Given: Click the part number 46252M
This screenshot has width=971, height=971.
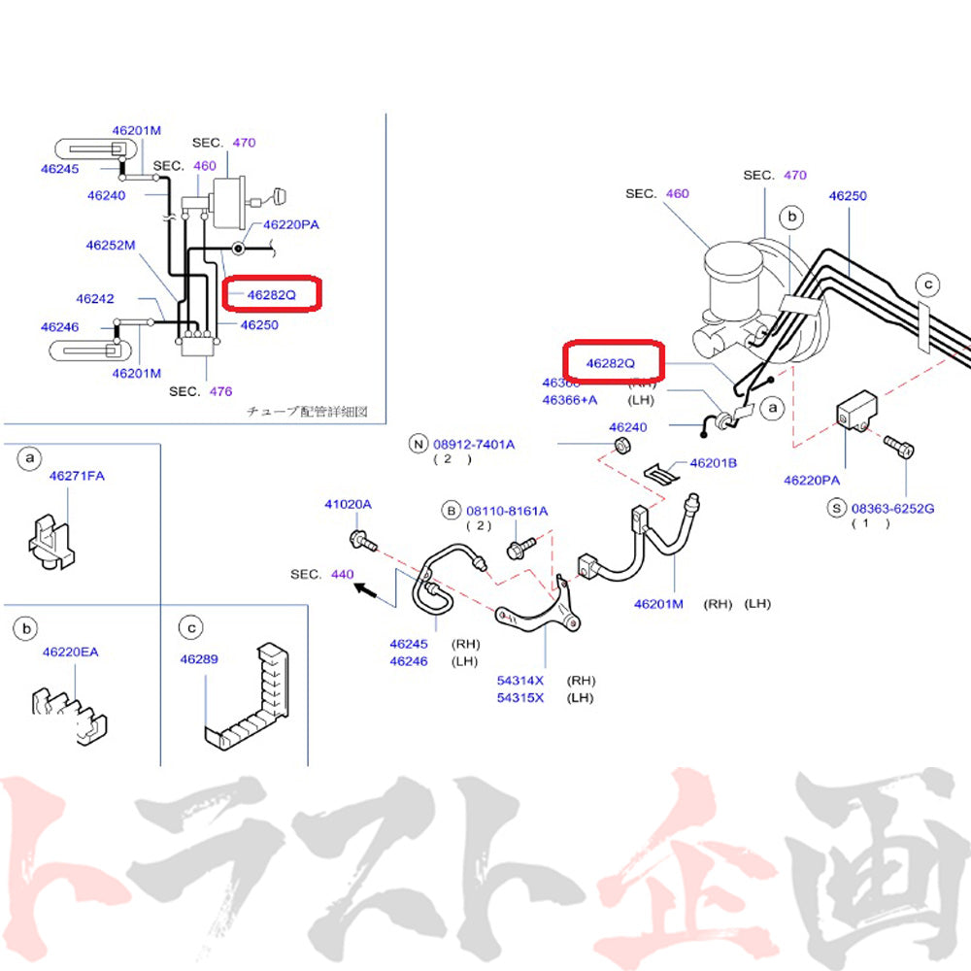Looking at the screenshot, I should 110,246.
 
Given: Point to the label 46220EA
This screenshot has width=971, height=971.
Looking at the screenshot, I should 70,652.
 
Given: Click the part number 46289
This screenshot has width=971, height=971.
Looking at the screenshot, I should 199,659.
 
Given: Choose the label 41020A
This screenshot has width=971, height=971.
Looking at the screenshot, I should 348,504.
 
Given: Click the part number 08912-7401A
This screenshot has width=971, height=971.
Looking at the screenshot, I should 474,444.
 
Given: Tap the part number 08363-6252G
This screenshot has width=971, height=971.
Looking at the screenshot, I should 892,507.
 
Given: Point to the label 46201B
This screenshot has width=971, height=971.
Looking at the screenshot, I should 713,463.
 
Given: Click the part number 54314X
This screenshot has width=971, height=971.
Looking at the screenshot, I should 520,680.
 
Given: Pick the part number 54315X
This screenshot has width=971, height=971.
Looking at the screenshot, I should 520,697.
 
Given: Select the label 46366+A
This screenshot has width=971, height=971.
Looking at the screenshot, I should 570,400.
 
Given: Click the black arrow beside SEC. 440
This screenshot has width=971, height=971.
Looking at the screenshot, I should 366,588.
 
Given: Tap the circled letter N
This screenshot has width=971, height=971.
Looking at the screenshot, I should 419,445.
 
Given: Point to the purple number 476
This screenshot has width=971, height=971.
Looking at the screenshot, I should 220,391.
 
